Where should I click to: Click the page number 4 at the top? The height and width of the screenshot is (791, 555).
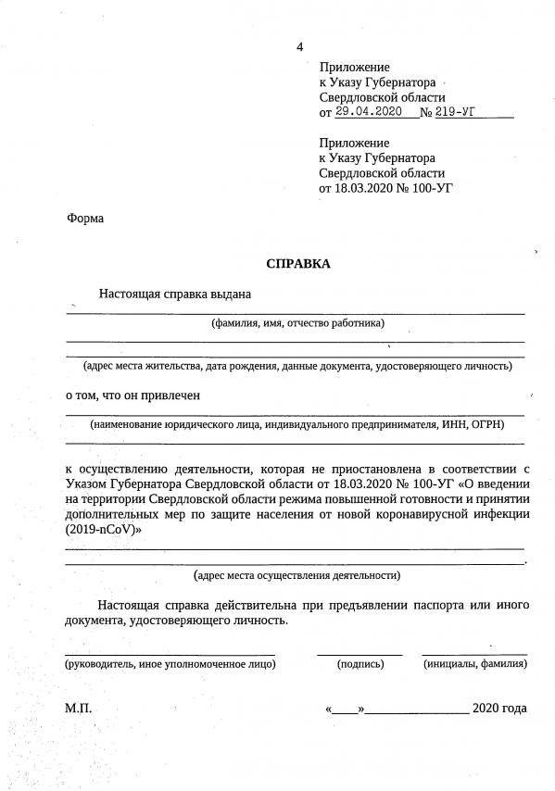point(299,47)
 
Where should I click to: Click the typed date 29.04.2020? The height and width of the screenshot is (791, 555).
point(365,113)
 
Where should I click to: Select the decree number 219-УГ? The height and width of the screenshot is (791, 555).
point(460,113)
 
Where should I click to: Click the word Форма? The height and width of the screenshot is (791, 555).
point(85,220)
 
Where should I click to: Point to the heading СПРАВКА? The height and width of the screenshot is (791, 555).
point(297,263)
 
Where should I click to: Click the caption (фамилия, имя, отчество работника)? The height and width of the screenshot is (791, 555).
point(296,323)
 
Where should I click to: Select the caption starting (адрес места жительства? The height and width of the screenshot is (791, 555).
point(296,366)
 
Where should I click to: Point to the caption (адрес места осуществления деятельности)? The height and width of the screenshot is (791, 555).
point(296,574)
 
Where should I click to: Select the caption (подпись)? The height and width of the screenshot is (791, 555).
point(360,663)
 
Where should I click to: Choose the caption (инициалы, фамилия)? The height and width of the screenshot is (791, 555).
point(474,663)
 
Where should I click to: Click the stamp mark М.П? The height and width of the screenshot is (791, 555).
point(79,709)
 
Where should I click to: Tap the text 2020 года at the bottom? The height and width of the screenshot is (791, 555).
point(499,709)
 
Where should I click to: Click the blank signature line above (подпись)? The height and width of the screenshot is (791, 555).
point(359,652)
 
